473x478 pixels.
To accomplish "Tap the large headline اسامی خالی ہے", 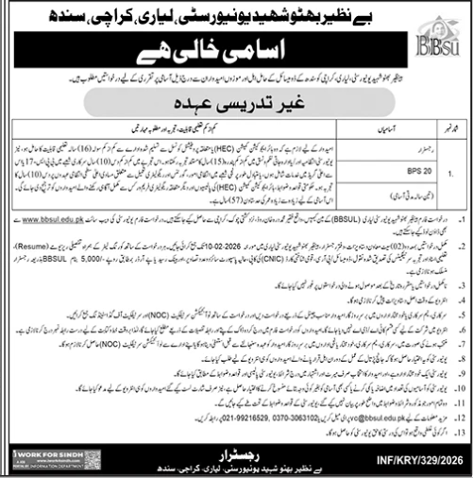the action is pyautogui.click(x=235, y=49).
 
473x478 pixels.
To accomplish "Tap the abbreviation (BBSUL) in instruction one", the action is pyautogui.click(x=329, y=218).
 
